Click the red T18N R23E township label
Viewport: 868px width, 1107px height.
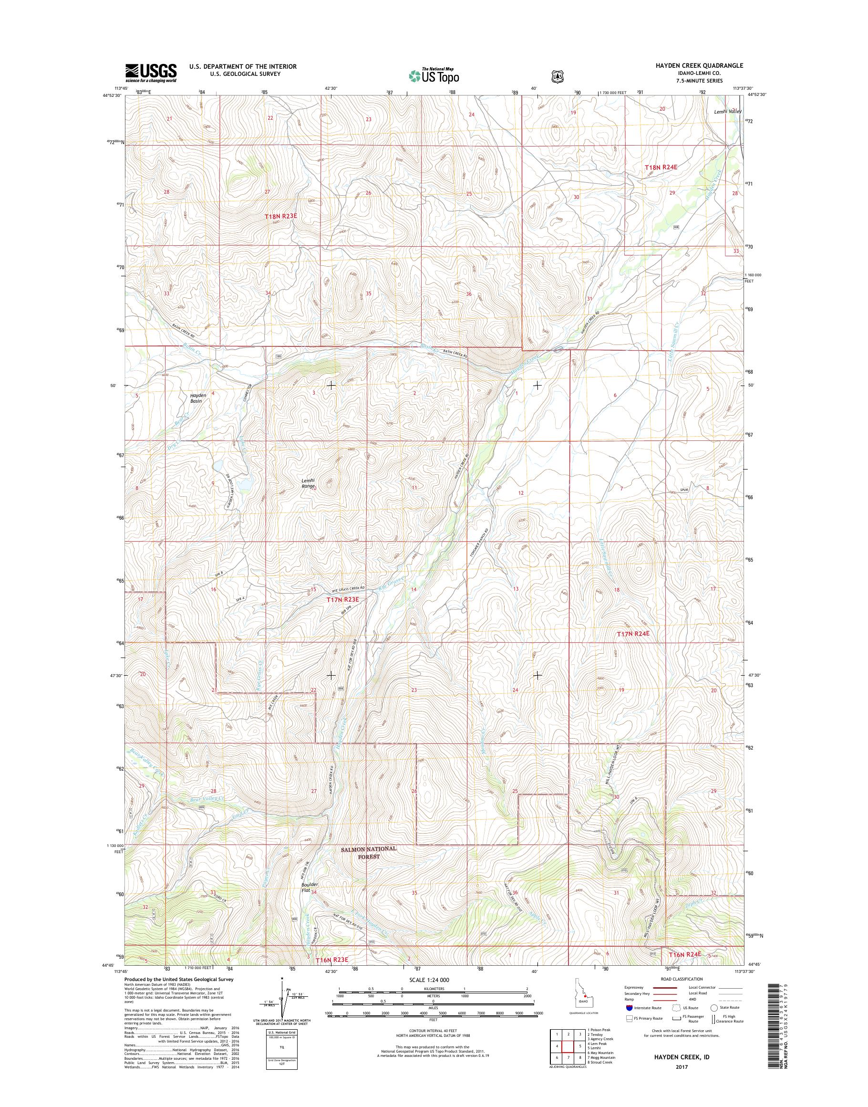280,216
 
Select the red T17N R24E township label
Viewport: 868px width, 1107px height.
633,634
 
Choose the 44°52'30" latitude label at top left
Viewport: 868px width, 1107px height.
112,95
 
